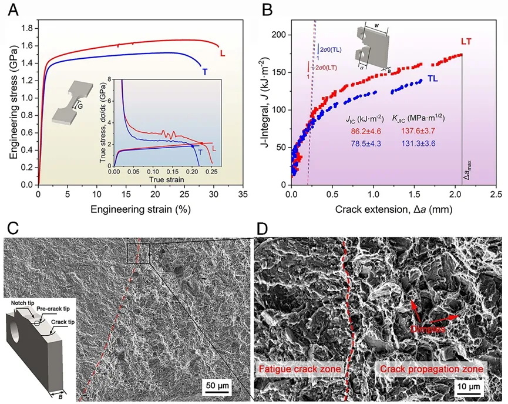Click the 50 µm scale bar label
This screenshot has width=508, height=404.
[x=217, y=385]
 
